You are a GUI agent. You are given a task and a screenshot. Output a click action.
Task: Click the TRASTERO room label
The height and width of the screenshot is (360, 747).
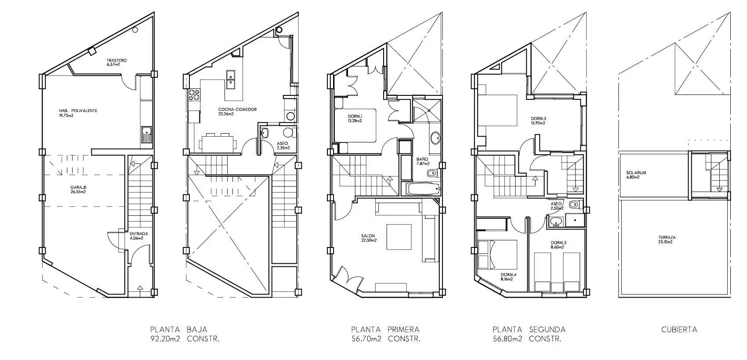coord(117,60)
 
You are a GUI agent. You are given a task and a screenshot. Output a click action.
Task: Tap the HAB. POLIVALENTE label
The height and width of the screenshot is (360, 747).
coord(78,110)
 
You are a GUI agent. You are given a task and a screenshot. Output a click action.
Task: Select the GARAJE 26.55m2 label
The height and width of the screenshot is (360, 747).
coord(78,189)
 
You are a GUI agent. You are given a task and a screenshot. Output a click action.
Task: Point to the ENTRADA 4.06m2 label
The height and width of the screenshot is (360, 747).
coord(139,236)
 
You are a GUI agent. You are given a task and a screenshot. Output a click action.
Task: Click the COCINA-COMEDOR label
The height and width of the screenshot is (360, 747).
coord(237,109)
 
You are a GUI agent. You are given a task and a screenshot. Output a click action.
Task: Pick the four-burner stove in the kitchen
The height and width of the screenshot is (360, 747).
coord(194,95)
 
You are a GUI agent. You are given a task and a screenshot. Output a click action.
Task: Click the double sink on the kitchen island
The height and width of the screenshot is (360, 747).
coord(230,80)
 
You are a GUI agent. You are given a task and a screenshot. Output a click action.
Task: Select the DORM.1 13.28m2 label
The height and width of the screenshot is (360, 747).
coord(355,118)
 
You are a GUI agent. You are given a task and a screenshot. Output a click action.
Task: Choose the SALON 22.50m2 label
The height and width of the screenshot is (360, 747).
coord(369,238)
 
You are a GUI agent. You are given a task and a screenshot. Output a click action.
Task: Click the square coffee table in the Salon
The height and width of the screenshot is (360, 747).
coord(399,237)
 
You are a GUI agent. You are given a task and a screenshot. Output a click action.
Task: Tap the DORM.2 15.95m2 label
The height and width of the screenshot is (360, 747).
coord(538,120)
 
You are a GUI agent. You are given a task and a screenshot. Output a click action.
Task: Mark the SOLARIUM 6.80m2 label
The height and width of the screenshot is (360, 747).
coord(636,175)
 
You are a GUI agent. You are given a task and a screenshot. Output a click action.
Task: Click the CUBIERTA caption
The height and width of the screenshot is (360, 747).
coord(679,330)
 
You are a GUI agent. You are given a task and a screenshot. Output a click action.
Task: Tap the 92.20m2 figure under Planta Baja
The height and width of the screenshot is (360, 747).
coord(165,339)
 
